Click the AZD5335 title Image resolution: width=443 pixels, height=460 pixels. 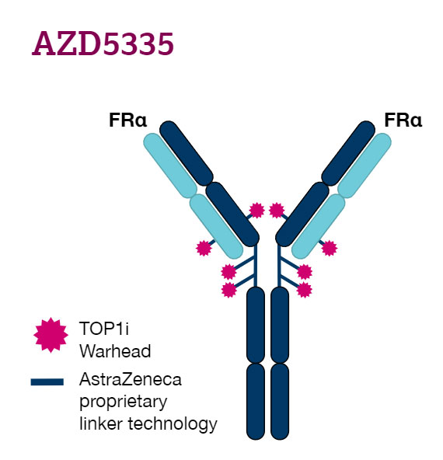103,44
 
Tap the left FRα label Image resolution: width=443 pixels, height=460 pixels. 127,120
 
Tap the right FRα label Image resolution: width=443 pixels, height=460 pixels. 403,120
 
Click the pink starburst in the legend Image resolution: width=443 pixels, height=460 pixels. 51,335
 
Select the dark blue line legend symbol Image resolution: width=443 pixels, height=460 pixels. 47,382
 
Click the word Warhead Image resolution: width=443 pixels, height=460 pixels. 115,351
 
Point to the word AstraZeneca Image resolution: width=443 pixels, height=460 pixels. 131,379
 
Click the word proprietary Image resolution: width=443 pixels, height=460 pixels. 124,402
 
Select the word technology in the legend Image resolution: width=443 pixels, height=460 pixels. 173,424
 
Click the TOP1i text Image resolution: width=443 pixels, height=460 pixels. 104,328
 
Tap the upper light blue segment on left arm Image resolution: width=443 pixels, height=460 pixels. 170,166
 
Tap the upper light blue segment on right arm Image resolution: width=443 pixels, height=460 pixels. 365,166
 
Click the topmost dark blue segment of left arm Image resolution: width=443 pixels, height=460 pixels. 187,153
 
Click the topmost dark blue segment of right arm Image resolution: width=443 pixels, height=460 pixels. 348,153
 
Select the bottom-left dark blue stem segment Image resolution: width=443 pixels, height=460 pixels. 256,401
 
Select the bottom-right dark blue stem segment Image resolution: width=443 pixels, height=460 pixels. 280,401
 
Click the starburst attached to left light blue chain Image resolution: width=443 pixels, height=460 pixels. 204,248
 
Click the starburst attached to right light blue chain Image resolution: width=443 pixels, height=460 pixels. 330,248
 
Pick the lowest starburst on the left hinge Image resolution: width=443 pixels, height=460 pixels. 228,290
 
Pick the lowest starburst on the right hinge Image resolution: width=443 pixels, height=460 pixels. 304,290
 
